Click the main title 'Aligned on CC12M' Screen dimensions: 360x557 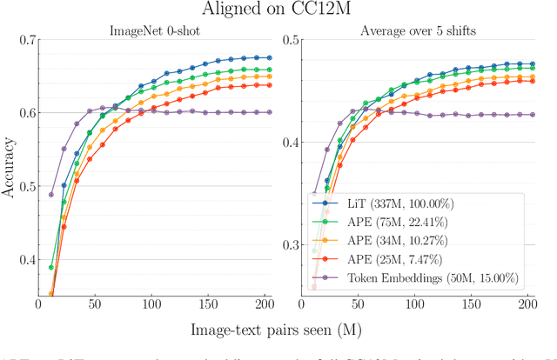278,10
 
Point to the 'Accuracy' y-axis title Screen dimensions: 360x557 10,168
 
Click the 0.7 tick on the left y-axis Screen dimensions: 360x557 26,40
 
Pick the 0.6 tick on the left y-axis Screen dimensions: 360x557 26,113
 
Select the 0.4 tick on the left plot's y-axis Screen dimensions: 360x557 26,259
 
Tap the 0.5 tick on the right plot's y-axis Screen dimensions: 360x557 289,40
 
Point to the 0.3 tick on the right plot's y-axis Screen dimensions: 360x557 289,244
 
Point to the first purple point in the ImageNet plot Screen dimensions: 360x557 51,195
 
